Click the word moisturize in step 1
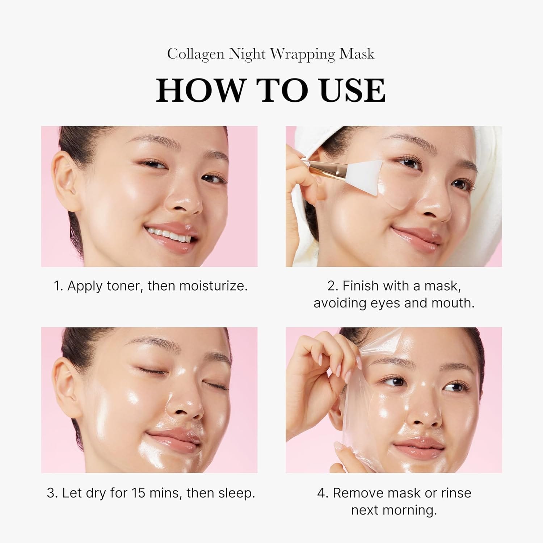(213, 286)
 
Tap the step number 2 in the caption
(332, 286)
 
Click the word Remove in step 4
(357, 493)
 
